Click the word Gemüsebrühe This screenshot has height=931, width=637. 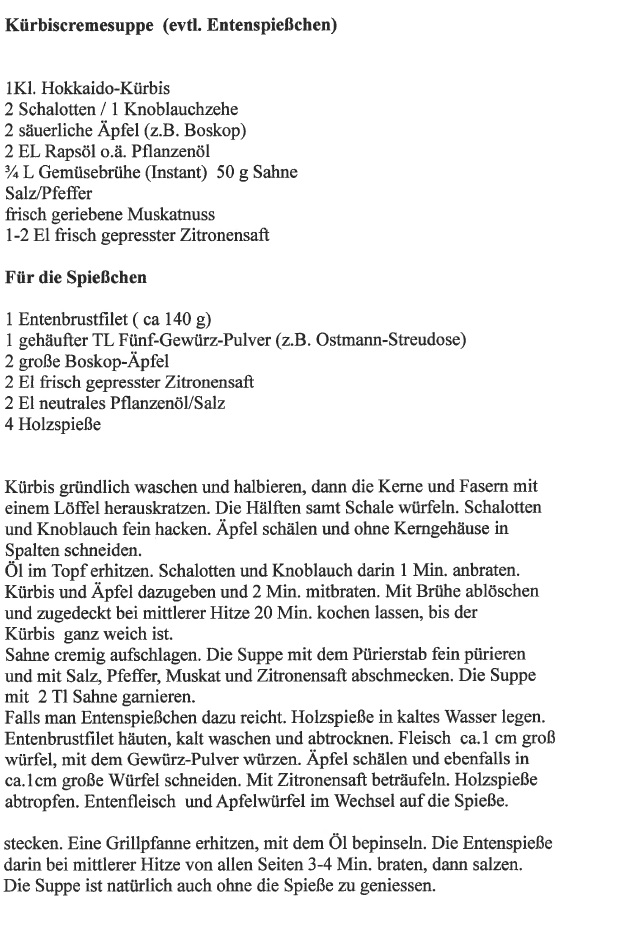pos(77,172)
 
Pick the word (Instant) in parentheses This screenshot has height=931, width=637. pos(171,172)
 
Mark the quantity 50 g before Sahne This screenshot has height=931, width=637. pos(232,172)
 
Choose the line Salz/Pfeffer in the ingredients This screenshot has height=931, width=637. pos(46,193)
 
